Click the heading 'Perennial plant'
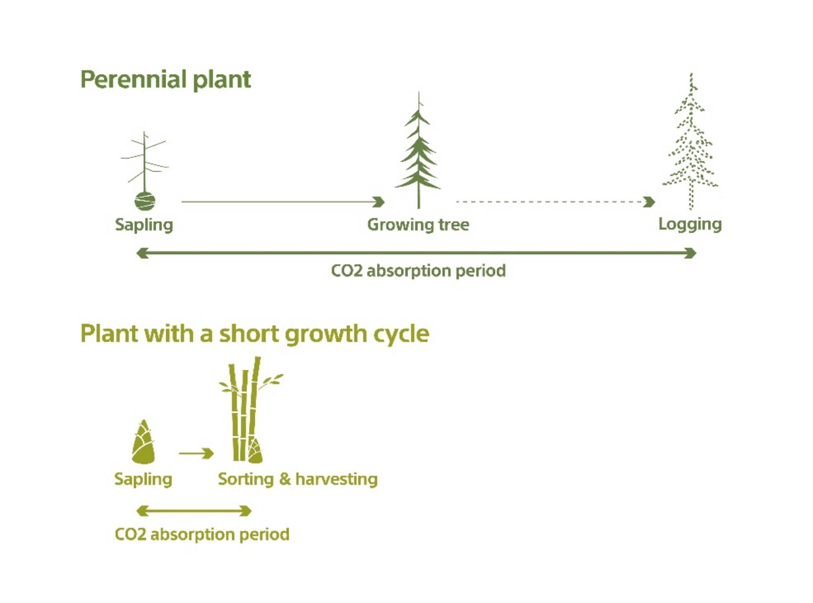(x=165, y=80)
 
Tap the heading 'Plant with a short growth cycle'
(x=254, y=334)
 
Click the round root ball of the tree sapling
(x=145, y=201)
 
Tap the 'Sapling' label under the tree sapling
(x=144, y=225)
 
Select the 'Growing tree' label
(x=418, y=225)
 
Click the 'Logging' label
(x=690, y=224)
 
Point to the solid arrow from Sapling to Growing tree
(x=282, y=202)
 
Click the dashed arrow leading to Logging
(x=554, y=202)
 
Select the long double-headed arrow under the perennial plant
(x=416, y=253)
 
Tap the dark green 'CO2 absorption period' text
(x=418, y=271)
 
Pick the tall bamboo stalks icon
(x=247, y=410)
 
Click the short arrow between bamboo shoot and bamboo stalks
(x=196, y=453)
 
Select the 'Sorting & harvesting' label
(x=298, y=479)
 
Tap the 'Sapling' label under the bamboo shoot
(x=143, y=479)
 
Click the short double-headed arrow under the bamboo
(x=194, y=511)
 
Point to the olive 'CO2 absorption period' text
(x=202, y=534)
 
